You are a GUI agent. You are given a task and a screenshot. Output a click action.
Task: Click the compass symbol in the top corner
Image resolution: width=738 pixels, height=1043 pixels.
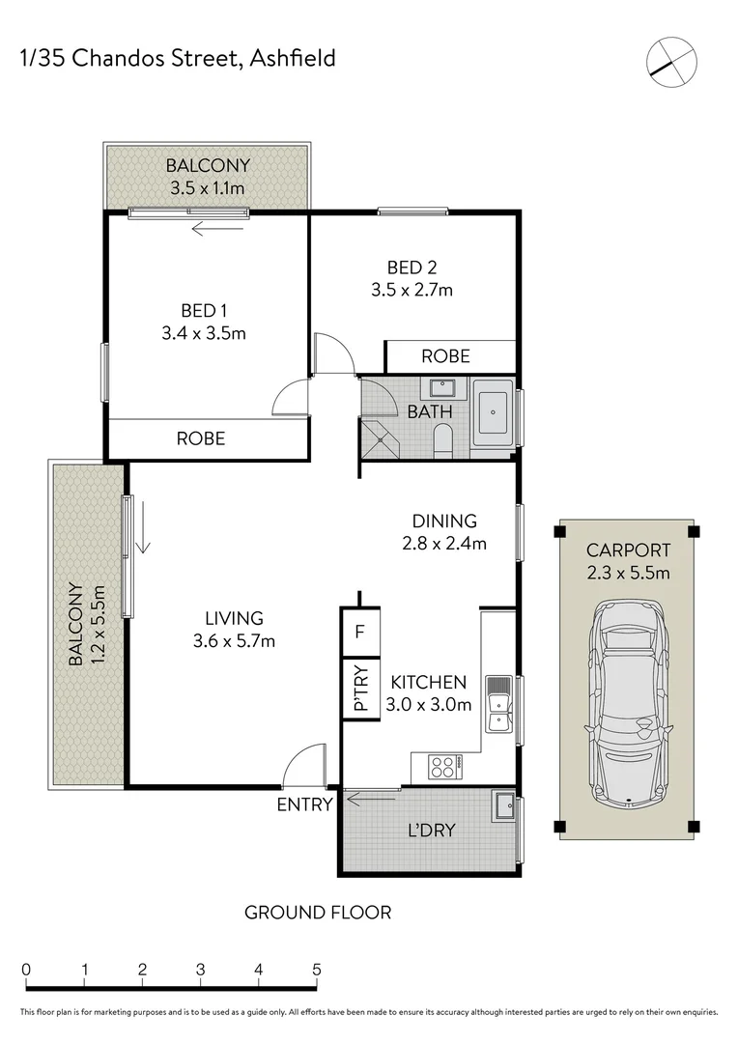(x=671, y=60)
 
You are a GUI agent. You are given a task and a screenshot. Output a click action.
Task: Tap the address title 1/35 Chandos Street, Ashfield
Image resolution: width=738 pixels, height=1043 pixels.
(x=178, y=59)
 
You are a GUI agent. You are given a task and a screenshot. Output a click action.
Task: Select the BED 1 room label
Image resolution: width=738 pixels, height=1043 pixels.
(x=205, y=310)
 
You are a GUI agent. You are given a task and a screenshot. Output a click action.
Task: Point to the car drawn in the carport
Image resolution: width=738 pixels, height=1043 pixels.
(x=630, y=702)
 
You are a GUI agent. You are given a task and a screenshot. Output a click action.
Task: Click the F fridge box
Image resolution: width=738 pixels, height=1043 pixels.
(x=360, y=633)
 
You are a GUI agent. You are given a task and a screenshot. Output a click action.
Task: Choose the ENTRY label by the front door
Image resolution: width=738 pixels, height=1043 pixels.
(x=304, y=803)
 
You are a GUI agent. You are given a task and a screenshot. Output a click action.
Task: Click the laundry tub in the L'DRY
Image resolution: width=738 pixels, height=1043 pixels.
(x=503, y=806)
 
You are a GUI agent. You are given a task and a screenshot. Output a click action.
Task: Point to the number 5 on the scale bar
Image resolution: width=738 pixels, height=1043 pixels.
(x=316, y=970)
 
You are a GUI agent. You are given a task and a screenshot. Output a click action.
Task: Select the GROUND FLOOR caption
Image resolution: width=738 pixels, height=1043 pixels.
(x=318, y=912)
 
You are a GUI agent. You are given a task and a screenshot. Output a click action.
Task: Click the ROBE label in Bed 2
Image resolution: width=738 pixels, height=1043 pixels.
(x=445, y=356)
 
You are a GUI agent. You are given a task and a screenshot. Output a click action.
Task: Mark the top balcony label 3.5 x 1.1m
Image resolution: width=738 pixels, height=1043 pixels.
(x=207, y=188)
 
